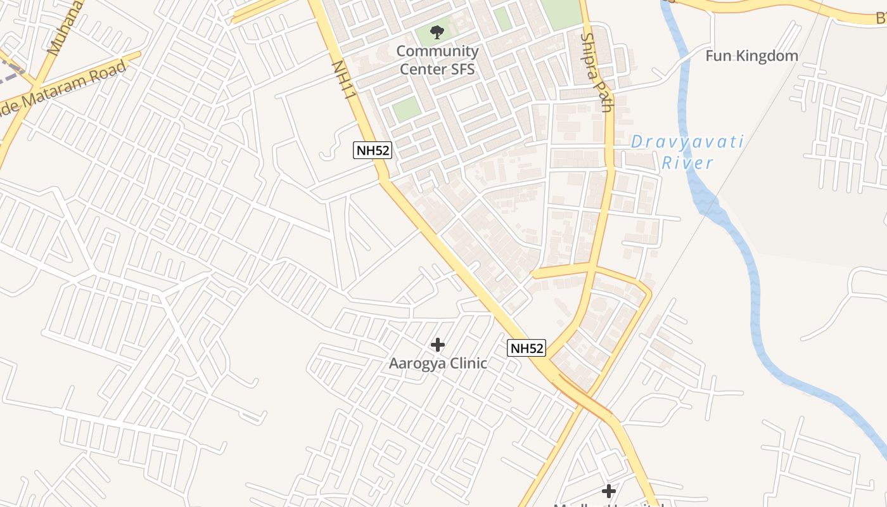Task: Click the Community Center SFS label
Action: click(437, 60)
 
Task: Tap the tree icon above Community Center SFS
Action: click(437, 32)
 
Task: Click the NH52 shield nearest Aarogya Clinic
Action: click(526, 348)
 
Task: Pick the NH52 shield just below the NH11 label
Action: click(372, 151)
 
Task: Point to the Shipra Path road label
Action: click(596, 72)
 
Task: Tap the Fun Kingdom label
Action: click(751, 56)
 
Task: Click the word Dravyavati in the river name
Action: click(687, 142)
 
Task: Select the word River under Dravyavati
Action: click(687, 163)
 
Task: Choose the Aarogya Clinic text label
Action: click(438, 363)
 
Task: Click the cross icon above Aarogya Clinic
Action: click(437, 345)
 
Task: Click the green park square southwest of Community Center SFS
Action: click(406, 109)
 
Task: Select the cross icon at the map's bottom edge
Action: click(609, 491)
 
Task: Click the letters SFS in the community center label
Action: click(459, 68)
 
